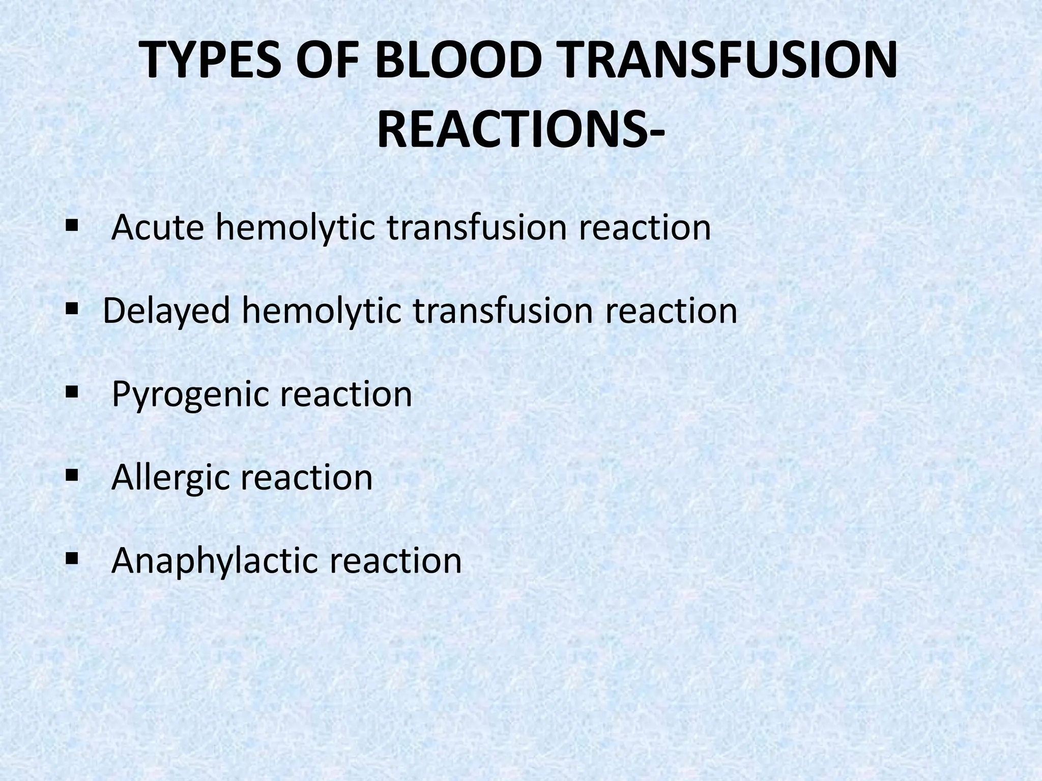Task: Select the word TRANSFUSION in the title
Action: pos(725,62)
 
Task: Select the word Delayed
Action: pos(167,311)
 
